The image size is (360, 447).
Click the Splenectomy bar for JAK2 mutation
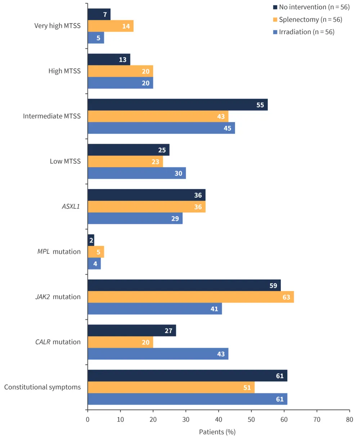(x=191, y=297)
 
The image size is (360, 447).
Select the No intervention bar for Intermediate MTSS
(x=177, y=105)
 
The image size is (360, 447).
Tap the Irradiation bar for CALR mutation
(x=158, y=354)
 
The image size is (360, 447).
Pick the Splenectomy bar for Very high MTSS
(x=111, y=26)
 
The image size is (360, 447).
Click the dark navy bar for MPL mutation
(x=91, y=240)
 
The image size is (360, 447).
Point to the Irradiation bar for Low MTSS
(x=137, y=173)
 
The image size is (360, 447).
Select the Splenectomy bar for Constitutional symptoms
(x=171, y=388)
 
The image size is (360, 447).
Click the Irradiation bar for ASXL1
(x=135, y=219)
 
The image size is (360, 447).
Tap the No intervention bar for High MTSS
(x=109, y=59)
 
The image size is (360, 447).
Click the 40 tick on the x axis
(x=219, y=419)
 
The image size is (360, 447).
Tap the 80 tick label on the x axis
(x=349, y=419)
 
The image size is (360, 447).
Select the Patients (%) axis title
(x=217, y=432)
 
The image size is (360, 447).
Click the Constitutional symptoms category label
(x=42, y=387)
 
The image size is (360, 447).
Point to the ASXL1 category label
(x=71, y=206)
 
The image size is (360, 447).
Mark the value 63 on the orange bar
(x=286, y=297)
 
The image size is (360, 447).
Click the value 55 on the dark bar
(x=260, y=105)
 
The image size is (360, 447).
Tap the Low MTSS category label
(x=65, y=161)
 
